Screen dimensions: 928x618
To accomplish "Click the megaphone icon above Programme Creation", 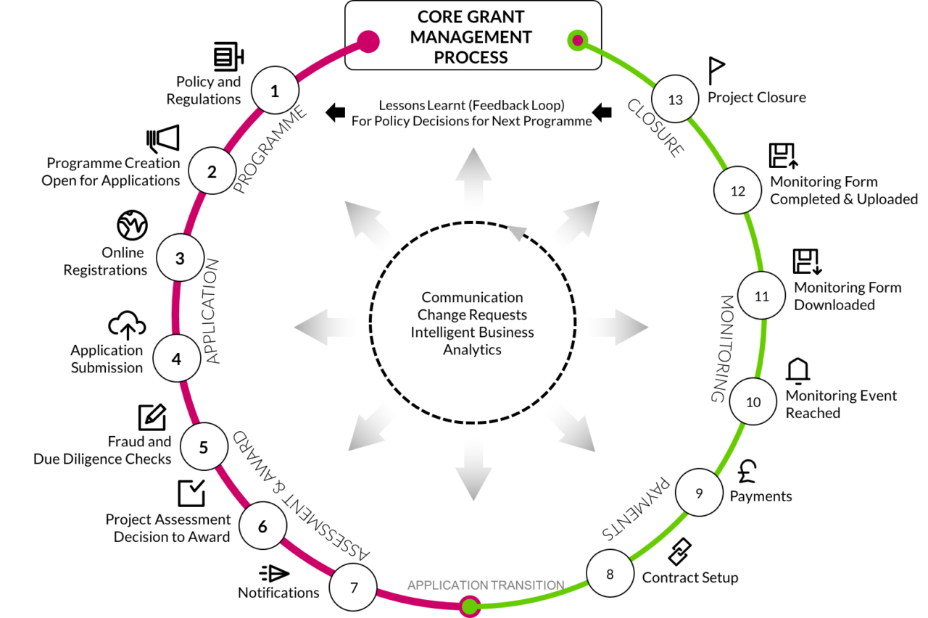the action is coord(163,138).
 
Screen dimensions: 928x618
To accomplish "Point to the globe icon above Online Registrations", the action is coord(132,225).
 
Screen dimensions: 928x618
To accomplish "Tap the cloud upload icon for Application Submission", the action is coord(127,325).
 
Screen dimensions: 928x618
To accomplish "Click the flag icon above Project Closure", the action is coord(716,71).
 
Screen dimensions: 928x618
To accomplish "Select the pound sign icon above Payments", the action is coord(747,472).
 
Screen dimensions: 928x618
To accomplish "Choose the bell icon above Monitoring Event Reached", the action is coord(798,370).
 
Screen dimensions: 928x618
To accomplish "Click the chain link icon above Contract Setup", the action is coord(680,552).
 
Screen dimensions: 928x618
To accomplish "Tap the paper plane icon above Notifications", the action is coord(274,573).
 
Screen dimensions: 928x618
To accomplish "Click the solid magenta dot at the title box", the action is coord(368,41).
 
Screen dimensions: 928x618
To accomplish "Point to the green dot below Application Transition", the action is coord(469,606).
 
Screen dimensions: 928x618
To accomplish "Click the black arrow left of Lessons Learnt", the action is coord(335,112).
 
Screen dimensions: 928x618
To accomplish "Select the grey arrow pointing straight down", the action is coord(473,469).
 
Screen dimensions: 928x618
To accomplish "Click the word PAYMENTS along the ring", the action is coord(636,509).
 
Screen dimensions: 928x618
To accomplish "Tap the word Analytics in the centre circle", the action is coord(472,350).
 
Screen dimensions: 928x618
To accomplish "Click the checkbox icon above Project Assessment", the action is coord(191,493).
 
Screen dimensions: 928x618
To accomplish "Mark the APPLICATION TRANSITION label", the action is coord(486,585).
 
